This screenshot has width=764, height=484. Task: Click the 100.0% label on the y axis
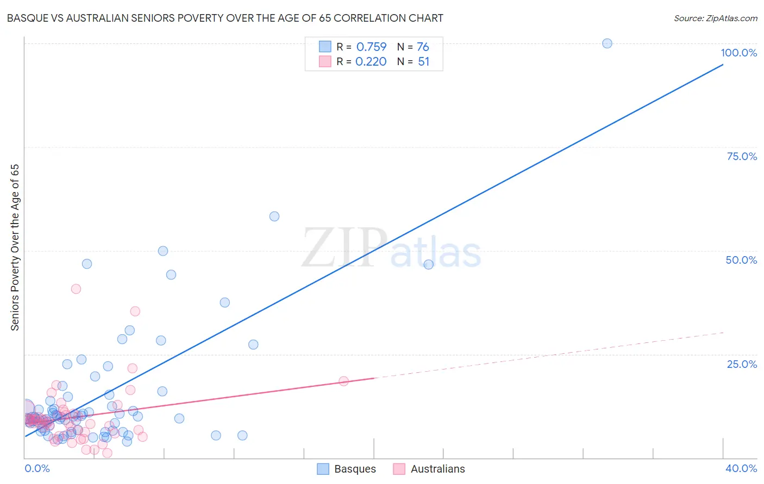click(738, 53)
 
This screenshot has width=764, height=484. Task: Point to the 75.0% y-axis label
click(742, 156)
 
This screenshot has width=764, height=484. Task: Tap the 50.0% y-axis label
click(741, 260)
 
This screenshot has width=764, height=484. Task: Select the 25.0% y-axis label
click(742, 364)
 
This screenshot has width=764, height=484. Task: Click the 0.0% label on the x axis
click(37, 468)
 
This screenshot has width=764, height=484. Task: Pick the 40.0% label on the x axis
click(741, 468)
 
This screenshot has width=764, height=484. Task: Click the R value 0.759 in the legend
click(371, 47)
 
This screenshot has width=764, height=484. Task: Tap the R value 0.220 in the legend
click(371, 61)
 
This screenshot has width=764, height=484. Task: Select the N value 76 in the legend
click(423, 47)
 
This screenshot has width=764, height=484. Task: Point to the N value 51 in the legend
click(423, 61)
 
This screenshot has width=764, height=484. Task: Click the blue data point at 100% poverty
click(607, 43)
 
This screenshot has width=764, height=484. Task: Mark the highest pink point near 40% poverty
click(76, 289)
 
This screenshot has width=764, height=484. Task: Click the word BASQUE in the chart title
click(26, 18)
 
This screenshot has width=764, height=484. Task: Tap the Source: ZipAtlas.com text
click(715, 18)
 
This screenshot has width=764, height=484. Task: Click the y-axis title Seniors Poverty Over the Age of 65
click(15, 247)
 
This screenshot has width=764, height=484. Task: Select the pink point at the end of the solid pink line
click(343, 381)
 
